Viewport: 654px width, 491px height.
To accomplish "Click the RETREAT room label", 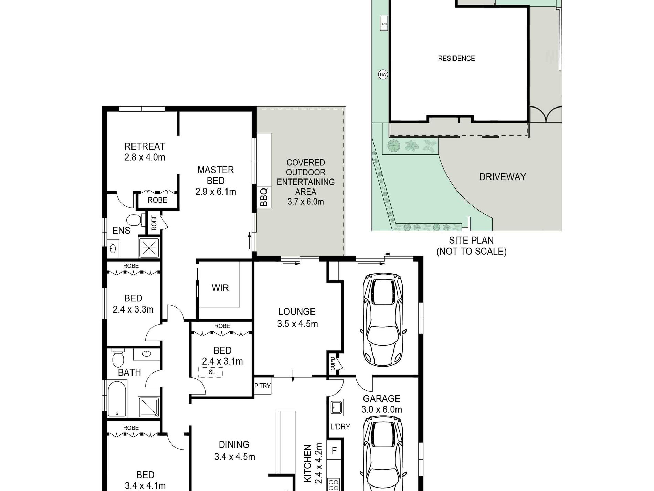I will point(145,146).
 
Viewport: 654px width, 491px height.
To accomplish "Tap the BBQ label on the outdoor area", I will point(264,197).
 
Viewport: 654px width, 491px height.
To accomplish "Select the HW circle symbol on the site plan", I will point(383,74).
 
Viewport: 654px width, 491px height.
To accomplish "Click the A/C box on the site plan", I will point(384,24).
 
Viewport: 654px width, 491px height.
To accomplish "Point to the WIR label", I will point(220,288).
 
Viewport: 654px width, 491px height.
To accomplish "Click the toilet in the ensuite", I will point(134,220).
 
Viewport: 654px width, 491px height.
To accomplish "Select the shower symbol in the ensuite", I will point(149,247).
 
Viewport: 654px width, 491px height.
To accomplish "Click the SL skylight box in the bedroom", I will point(211,372).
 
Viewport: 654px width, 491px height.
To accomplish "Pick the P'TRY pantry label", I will point(262,386).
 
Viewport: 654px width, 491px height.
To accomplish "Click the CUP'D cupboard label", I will point(333,364).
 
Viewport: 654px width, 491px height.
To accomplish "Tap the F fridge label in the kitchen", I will point(334,450).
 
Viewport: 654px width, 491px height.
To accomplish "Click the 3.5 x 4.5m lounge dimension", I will point(297,324).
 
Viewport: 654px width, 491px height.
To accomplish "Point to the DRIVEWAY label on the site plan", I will point(503,177).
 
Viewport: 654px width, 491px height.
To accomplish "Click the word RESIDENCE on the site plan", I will point(456,59).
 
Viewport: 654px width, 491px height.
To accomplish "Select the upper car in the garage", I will point(383,320).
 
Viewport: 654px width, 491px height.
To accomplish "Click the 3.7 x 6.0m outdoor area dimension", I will point(306,202).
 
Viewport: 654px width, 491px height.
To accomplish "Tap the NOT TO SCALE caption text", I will point(471,252).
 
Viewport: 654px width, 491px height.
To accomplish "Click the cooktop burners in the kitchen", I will point(333,484).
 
